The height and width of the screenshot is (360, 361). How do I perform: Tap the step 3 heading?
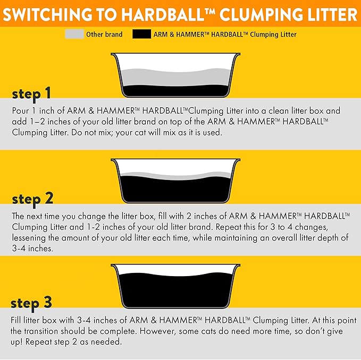click(x=31, y=303)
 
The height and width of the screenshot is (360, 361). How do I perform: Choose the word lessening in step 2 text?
click(x=31, y=237)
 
